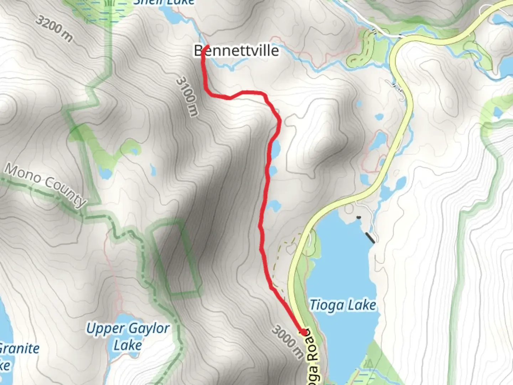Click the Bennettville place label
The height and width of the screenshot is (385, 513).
coord(236,51)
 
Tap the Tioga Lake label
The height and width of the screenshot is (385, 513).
coord(343,305)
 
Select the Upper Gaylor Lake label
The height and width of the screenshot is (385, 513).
coord(128,337)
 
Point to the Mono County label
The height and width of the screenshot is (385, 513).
coord(46,185)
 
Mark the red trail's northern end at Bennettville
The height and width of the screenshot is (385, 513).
coord(207,46)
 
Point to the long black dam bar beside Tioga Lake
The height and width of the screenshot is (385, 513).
coord(370,237)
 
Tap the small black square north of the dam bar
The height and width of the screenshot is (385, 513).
coord(358,217)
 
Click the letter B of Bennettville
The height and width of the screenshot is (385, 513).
coord(198,51)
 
